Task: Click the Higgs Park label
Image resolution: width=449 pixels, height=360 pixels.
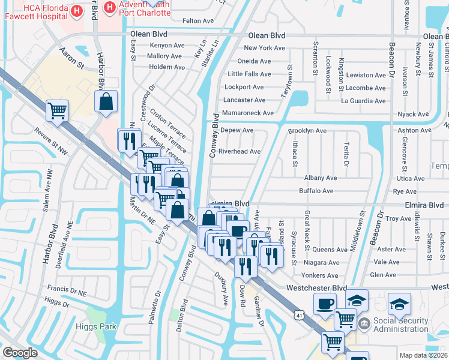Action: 100,327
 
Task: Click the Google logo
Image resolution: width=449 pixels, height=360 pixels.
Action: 20,353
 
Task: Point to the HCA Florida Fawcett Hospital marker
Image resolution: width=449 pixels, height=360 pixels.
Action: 76,11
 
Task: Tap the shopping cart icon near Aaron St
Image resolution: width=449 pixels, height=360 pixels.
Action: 57,110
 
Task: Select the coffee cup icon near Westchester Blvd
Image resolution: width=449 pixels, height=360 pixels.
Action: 325,303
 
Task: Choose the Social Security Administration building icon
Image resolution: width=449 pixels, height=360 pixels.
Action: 364,325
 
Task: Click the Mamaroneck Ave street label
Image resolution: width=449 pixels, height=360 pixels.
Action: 247,113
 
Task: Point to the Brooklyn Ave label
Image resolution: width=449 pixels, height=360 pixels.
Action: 307,130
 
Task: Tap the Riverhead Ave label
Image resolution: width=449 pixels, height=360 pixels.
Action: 240,151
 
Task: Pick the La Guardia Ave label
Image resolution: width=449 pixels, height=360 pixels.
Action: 363,100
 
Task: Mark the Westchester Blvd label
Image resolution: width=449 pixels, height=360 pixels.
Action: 316,288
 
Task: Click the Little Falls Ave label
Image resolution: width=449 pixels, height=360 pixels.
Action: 250,74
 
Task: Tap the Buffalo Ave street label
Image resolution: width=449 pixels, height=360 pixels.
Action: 316,191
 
